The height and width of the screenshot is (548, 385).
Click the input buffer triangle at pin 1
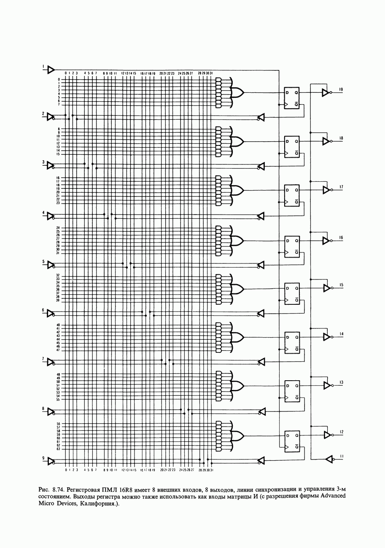click(x=51, y=69)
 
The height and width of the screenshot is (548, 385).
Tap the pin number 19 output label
click(x=341, y=89)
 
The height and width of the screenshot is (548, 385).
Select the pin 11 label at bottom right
click(x=342, y=456)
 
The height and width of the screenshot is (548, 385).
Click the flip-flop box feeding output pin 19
click(x=291, y=98)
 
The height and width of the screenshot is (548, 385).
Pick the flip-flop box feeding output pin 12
click(x=291, y=441)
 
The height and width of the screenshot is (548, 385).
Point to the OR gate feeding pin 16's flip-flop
click(x=237, y=241)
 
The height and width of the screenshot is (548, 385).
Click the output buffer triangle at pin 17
click(x=326, y=190)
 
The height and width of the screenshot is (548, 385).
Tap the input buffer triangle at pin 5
click(x=51, y=265)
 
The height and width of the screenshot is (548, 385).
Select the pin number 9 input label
click(x=43, y=458)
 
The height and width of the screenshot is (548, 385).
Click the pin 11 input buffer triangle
click(x=329, y=459)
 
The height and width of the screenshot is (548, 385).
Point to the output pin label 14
click(x=341, y=334)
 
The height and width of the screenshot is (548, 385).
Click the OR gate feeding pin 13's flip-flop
click(x=237, y=386)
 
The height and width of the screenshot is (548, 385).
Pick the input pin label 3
click(x=43, y=162)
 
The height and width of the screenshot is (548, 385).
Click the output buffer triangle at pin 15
click(x=326, y=288)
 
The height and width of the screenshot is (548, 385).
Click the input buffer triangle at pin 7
click(x=51, y=362)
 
